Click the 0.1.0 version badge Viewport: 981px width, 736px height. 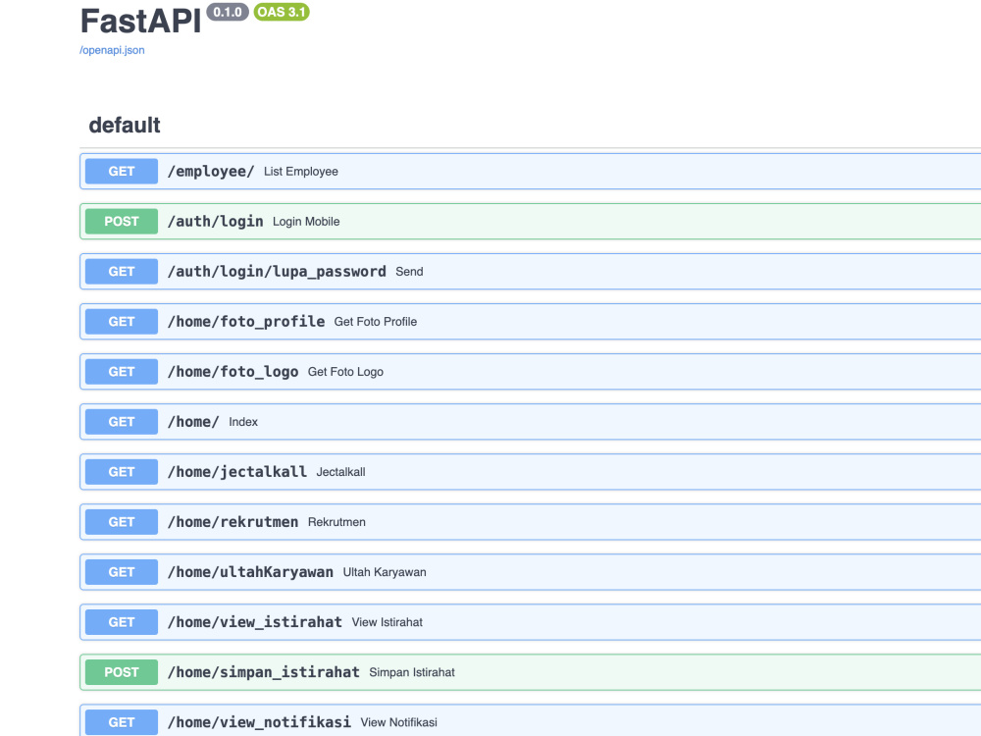click(228, 12)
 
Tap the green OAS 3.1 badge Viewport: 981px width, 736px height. click(282, 12)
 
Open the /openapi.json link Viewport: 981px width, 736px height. click(112, 50)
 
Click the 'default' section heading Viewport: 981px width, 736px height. click(125, 126)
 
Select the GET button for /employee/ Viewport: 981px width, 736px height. click(122, 172)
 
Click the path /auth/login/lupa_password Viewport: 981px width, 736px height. click(277, 272)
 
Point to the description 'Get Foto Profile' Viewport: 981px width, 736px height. click(376, 322)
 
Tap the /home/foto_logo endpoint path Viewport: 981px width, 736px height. click(232, 372)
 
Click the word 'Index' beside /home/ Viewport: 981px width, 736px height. click(243, 422)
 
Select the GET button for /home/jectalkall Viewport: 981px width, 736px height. click(122, 472)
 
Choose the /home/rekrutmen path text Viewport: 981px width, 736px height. click(232, 522)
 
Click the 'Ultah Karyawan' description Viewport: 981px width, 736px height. click(385, 572)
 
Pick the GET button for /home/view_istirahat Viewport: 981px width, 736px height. click(122, 622)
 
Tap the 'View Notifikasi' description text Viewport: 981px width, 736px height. click(399, 722)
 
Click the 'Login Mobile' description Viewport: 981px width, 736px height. click(306, 222)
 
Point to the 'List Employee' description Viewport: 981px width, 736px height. click(301, 172)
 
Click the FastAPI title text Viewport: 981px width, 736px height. click(140, 21)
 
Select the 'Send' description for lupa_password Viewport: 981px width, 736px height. click(409, 272)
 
